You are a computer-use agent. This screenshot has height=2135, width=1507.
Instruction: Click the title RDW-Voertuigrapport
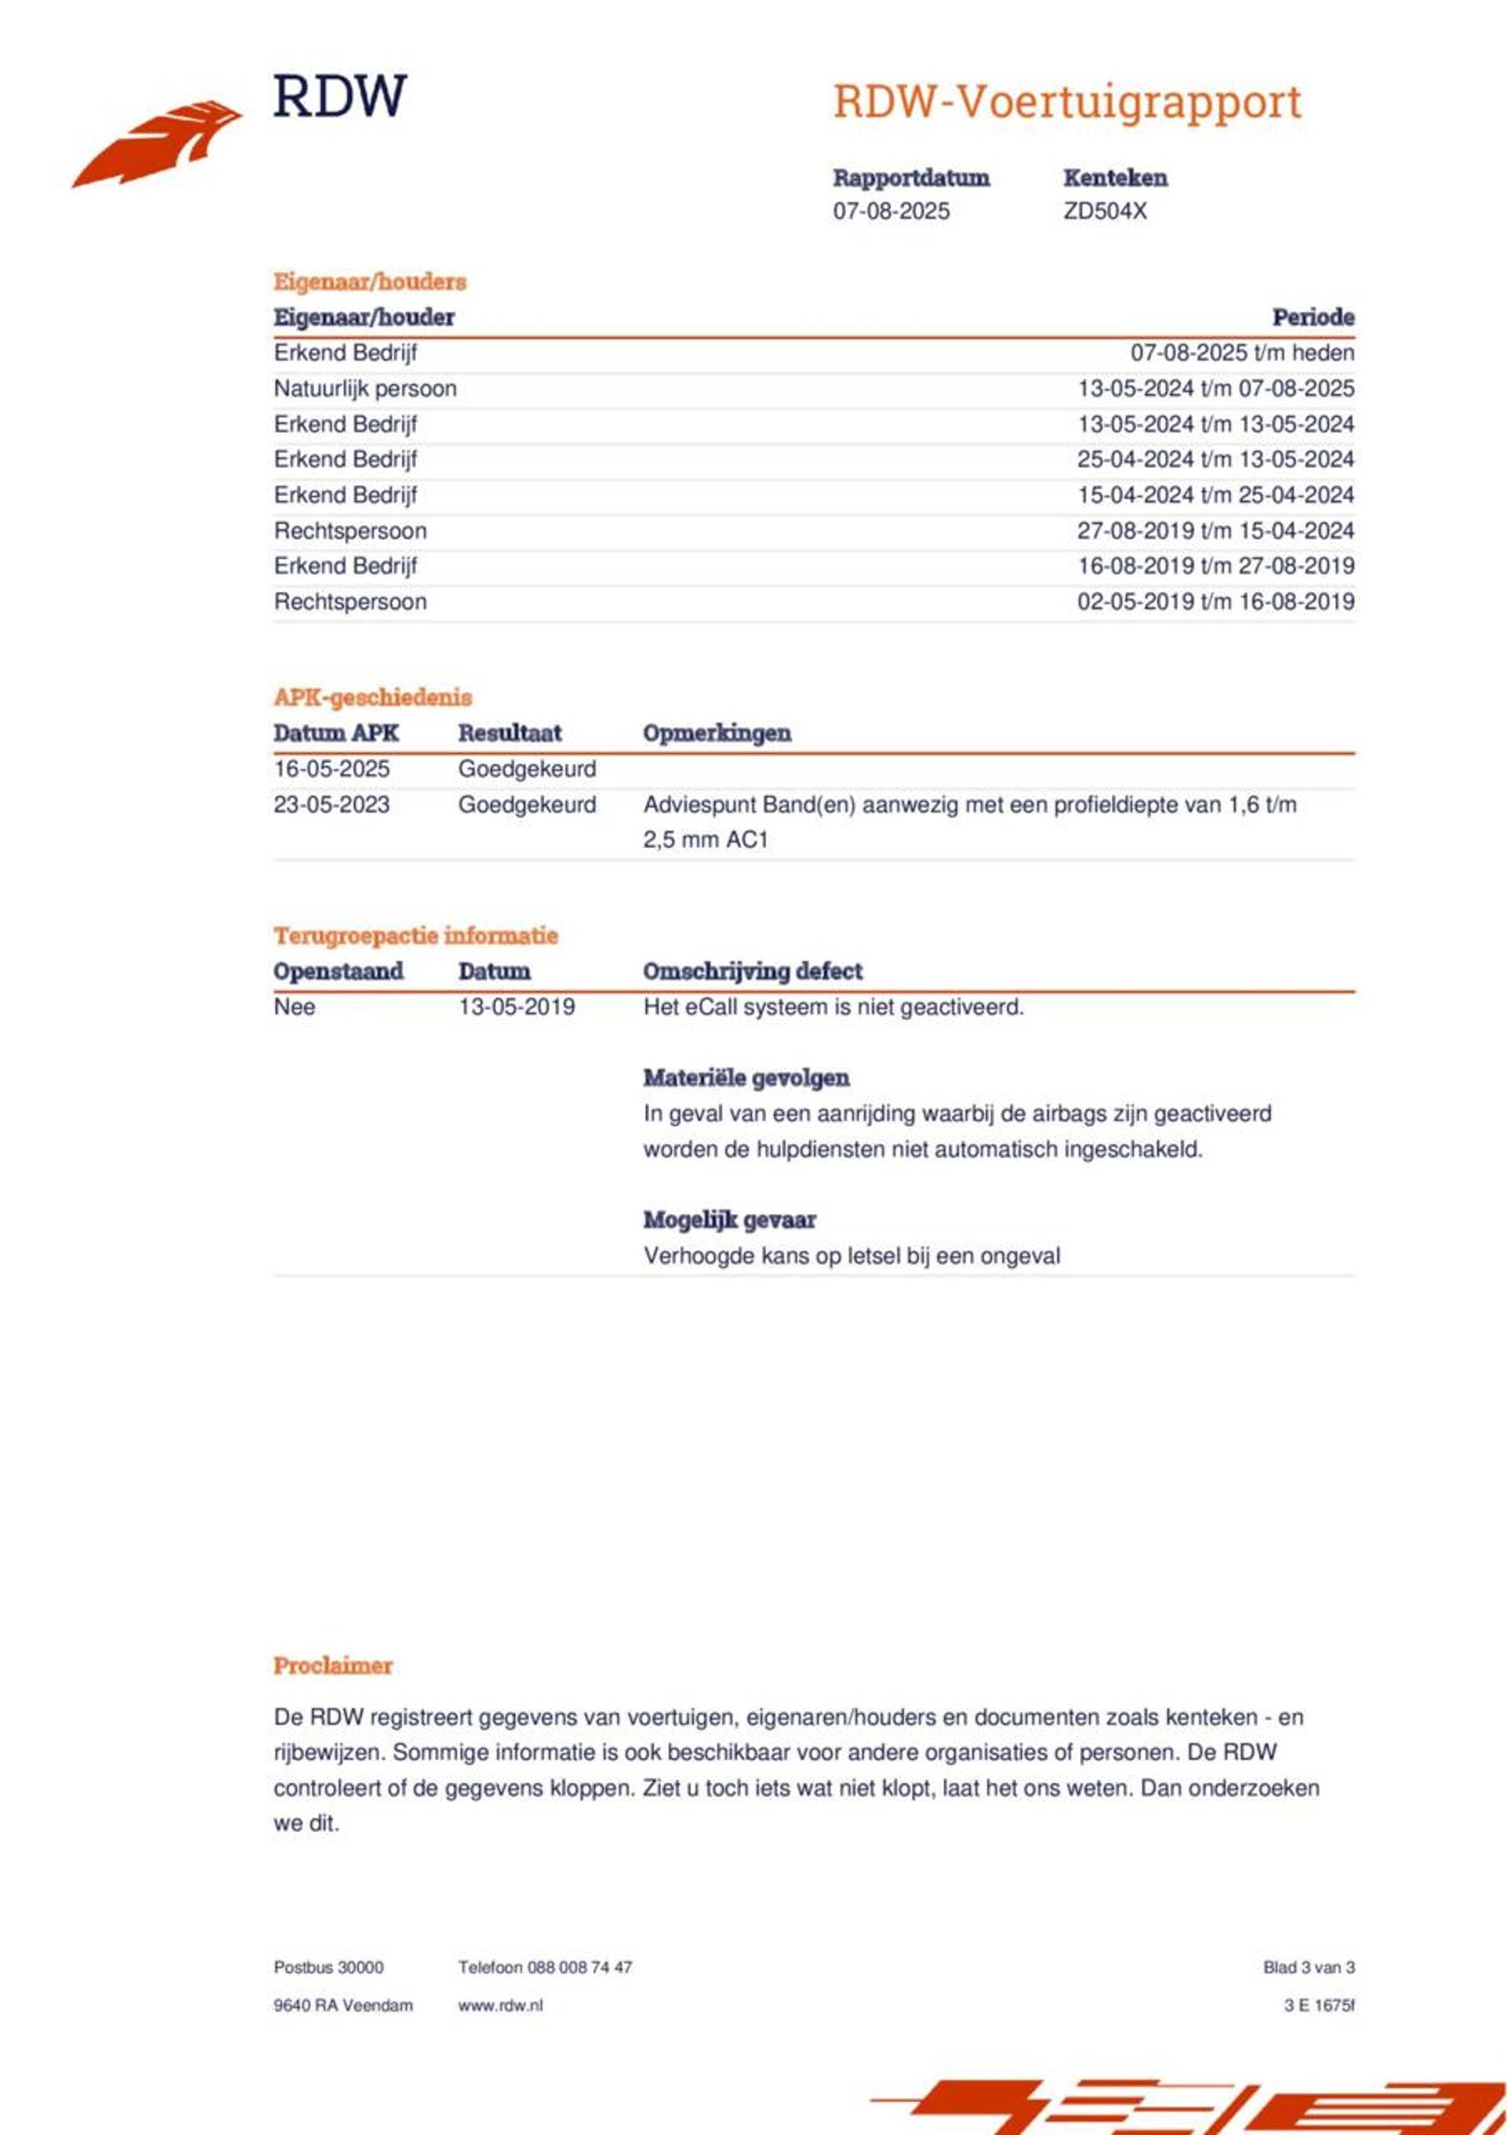click(1067, 101)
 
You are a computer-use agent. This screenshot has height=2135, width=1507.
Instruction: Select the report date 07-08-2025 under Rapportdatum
click(891, 211)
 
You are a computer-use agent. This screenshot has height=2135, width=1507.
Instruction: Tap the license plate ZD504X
click(1104, 211)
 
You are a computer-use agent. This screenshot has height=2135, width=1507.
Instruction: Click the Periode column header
click(1312, 317)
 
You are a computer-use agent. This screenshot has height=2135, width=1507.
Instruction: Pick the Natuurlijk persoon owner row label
click(364, 389)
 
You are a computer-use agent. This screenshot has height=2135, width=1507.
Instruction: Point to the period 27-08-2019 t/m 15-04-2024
click(1215, 531)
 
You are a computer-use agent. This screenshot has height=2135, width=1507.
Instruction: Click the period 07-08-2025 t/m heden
click(1241, 353)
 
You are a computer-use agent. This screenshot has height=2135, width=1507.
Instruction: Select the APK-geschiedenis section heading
click(372, 697)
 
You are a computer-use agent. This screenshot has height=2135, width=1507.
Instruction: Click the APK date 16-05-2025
click(331, 769)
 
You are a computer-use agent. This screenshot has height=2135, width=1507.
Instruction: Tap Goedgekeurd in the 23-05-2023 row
click(526, 804)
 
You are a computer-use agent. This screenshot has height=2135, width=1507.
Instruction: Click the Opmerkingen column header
click(716, 733)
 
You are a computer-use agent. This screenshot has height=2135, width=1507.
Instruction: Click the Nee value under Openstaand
click(294, 1007)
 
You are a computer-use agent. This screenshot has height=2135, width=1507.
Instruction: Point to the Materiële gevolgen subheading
click(746, 1078)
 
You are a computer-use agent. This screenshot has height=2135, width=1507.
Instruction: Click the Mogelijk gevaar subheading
click(729, 1220)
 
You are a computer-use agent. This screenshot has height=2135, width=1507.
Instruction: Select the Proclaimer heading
click(333, 1665)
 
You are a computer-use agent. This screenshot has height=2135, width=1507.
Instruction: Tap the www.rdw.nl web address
click(499, 2005)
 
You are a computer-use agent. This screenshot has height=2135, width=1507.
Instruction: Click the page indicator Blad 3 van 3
click(1308, 1968)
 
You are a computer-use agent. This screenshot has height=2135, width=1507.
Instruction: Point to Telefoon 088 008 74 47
click(544, 1968)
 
